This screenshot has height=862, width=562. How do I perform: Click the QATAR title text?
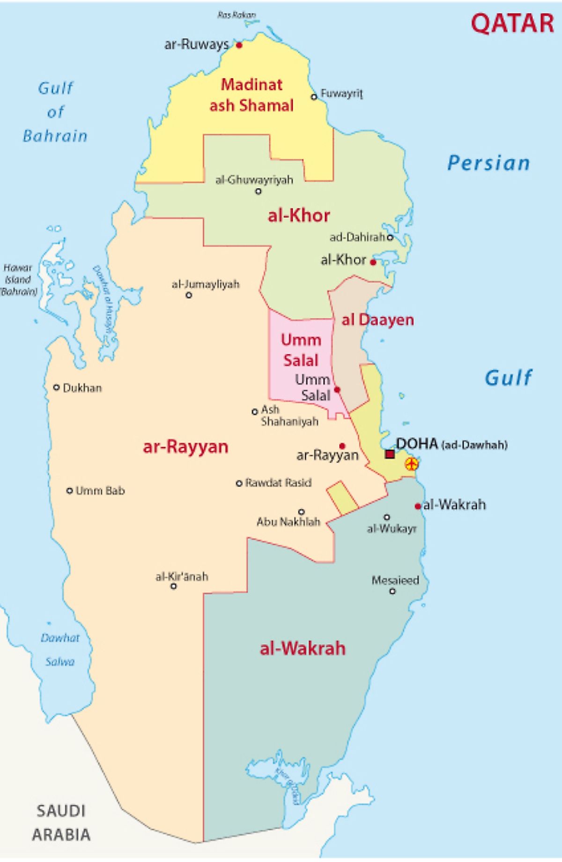[512, 23]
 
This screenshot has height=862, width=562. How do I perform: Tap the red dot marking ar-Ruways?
[239, 45]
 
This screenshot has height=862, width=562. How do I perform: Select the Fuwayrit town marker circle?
[314, 97]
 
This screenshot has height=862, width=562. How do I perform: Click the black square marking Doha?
[390, 454]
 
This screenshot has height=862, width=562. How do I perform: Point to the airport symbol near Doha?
[411, 464]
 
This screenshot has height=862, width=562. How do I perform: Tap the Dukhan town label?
[82, 388]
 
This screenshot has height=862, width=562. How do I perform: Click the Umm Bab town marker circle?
[70, 491]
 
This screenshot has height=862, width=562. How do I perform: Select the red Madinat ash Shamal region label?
[252, 95]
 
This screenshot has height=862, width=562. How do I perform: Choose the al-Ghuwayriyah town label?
[254, 180]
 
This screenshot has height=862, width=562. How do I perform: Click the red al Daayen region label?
[378, 320]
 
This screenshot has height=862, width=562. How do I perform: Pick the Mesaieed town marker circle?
[392, 591]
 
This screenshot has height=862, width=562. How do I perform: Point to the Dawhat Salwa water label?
[60, 650]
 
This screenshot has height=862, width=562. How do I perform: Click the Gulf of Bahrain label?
[55, 112]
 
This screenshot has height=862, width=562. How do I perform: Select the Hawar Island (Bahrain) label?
[18, 280]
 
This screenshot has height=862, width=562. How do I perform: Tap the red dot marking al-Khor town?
[373, 262]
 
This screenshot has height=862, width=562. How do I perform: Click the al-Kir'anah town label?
[182, 577]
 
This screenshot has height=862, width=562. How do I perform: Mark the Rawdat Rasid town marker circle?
[239, 483]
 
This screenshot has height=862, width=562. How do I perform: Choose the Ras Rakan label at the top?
[237, 15]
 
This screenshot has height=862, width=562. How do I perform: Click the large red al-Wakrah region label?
[303, 648]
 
